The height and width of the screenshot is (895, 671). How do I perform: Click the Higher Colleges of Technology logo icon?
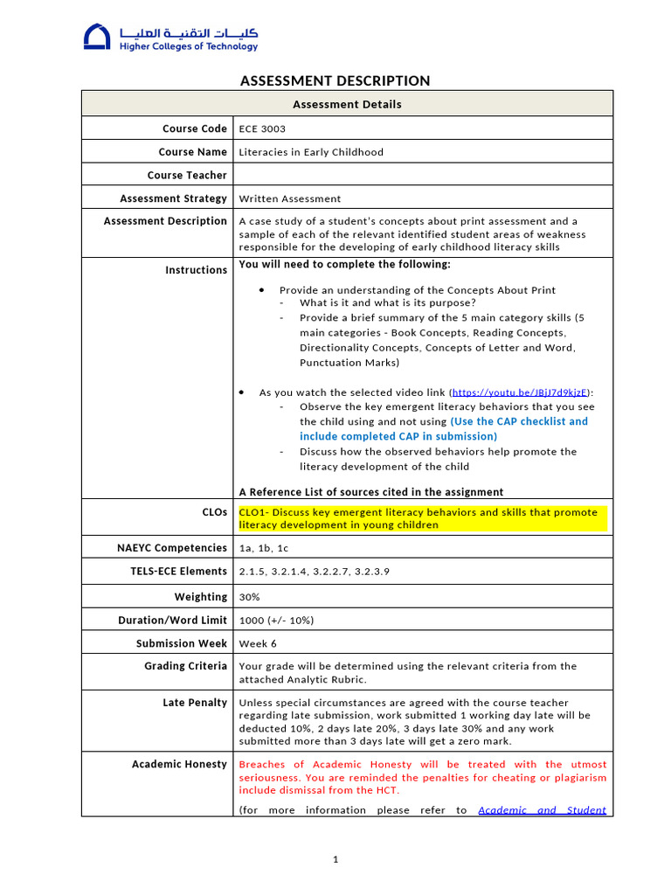point(98,37)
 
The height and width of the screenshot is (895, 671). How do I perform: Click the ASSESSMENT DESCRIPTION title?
point(335,80)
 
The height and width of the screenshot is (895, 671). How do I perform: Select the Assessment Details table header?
point(347,104)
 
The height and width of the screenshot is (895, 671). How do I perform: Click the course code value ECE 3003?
point(262,128)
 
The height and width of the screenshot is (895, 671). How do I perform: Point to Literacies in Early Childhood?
point(311,152)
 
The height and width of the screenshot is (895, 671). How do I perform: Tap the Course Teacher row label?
point(187,176)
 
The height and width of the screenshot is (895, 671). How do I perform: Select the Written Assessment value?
point(290,199)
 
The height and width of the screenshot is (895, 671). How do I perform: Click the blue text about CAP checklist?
point(444,428)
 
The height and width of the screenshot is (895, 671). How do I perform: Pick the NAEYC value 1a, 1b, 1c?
point(263,548)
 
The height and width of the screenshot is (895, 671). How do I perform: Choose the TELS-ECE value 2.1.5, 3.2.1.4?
point(314,572)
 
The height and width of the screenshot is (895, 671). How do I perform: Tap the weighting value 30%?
point(250,597)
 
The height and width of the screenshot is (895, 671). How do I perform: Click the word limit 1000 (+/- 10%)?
point(276,621)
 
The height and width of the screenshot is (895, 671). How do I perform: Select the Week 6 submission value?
point(258,644)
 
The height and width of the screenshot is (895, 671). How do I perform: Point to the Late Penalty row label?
point(195,703)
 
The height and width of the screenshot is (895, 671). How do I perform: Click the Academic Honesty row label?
point(179,764)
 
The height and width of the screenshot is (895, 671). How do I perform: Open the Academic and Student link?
point(542,810)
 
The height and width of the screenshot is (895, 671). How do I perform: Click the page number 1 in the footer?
point(335,860)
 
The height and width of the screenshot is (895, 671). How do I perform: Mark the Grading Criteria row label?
point(186,666)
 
